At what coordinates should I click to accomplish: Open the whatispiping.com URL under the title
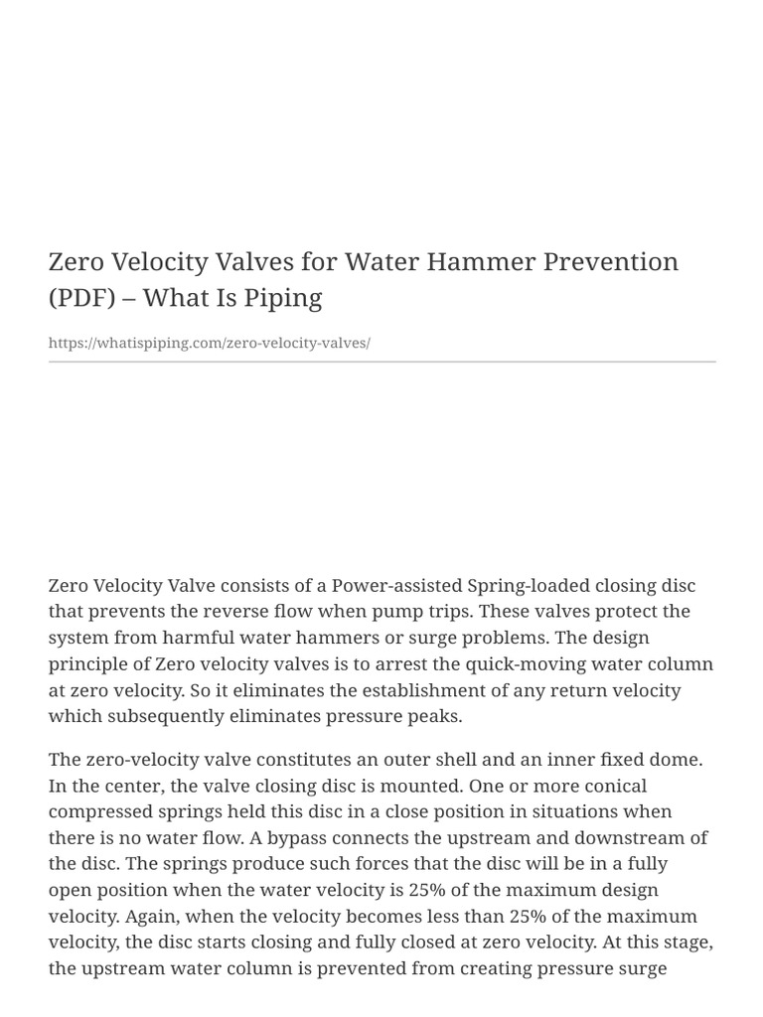[209, 343]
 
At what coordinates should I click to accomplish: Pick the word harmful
[202, 637]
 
